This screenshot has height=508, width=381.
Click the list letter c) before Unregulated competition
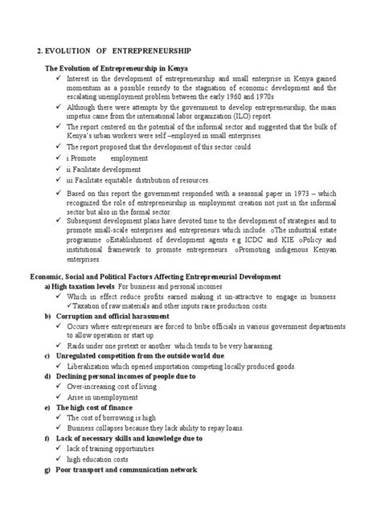47,355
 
